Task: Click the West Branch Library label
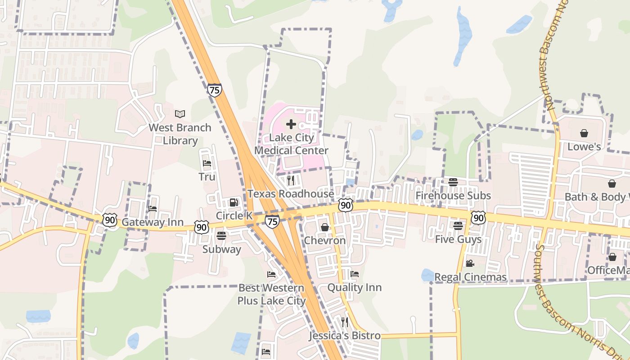click(x=180, y=134)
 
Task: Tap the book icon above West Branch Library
click(x=180, y=114)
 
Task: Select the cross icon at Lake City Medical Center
click(x=291, y=124)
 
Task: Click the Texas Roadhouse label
click(x=291, y=194)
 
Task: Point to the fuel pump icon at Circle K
click(x=234, y=202)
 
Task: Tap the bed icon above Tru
click(x=207, y=163)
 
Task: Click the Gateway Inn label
click(x=153, y=222)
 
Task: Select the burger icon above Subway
click(x=221, y=235)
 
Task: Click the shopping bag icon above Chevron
click(x=324, y=227)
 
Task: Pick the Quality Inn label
click(x=354, y=288)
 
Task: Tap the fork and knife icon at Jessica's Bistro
click(x=345, y=322)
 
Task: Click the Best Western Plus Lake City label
click(x=271, y=294)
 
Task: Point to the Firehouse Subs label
click(x=453, y=196)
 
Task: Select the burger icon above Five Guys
click(x=458, y=226)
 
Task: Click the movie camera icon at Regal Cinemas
click(x=470, y=264)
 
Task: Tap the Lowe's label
click(x=584, y=147)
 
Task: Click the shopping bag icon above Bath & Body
click(x=612, y=184)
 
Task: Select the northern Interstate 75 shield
click(x=215, y=90)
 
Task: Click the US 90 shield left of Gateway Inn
click(x=110, y=220)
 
